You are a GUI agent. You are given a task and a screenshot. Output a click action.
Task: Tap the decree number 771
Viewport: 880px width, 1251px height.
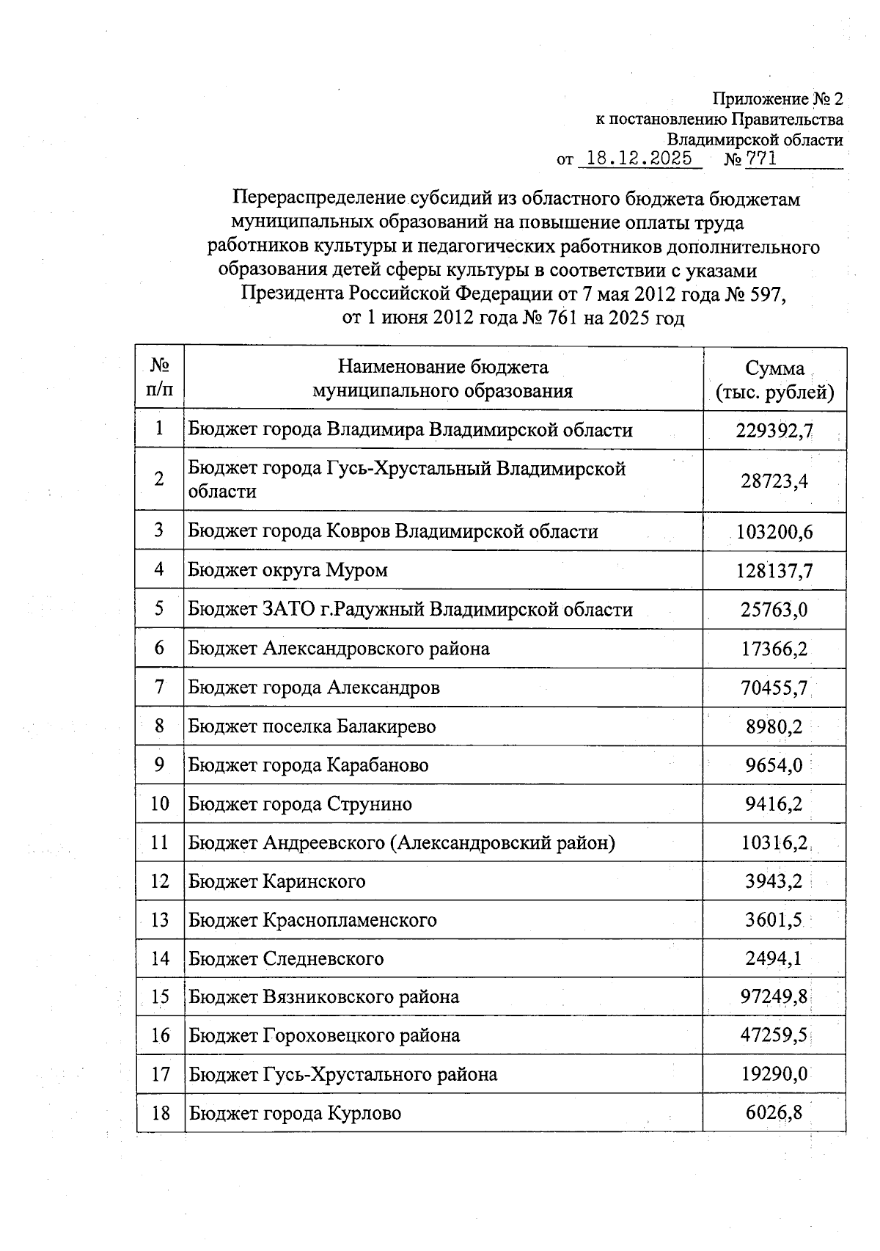[x=761, y=158]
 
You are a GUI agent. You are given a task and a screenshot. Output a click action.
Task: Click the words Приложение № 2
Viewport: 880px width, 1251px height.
[x=778, y=99]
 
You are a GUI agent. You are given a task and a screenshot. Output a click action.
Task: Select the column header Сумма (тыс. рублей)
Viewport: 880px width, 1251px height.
[x=774, y=380]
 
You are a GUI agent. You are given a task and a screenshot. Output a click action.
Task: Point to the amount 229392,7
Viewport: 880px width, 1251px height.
[x=774, y=431]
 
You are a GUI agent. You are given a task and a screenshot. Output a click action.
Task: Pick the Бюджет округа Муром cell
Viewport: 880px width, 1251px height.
[x=288, y=570]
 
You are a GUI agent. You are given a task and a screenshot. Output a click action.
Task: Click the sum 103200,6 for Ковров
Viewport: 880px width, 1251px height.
[x=774, y=532]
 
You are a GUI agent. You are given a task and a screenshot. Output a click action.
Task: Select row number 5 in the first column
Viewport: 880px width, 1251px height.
[x=159, y=609]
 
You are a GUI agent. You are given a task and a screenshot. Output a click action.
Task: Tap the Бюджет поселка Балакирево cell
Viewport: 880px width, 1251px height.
[x=312, y=726]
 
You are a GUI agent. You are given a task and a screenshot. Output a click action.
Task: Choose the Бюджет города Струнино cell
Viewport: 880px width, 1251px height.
[x=301, y=804]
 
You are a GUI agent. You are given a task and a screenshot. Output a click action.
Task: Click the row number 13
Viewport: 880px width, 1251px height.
[x=160, y=920]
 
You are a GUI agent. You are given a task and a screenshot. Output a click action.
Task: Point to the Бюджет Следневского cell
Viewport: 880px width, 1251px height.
[x=287, y=959]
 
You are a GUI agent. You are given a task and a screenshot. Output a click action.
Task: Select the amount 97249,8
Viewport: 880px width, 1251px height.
[x=774, y=997]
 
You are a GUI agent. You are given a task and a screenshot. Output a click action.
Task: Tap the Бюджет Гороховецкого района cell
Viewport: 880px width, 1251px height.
[x=325, y=1036]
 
